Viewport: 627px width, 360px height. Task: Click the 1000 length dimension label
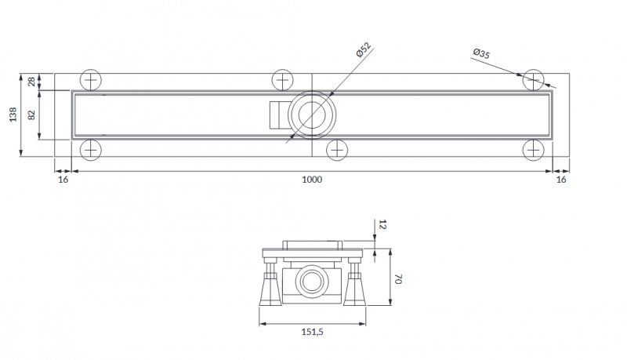(312, 180)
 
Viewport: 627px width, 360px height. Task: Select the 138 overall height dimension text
(12, 115)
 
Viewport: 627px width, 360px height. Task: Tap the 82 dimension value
(32, 115)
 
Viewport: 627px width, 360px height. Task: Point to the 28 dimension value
(32, 82)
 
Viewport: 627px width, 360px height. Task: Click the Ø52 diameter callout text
(362, 49)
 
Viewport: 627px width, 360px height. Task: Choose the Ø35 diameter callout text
(481, 54)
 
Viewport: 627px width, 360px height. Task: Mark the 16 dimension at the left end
(63, 180)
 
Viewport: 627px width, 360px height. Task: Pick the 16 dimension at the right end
(560, 180)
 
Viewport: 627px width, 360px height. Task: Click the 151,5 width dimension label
(311, 333)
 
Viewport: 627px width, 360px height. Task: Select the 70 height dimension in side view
(397, 279)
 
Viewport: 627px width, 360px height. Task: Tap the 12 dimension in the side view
(382, 224)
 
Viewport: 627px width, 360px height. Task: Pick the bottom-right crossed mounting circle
(535, 149)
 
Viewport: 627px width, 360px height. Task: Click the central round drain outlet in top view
(311, 115)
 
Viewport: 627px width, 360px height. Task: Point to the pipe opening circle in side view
(311, 280)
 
